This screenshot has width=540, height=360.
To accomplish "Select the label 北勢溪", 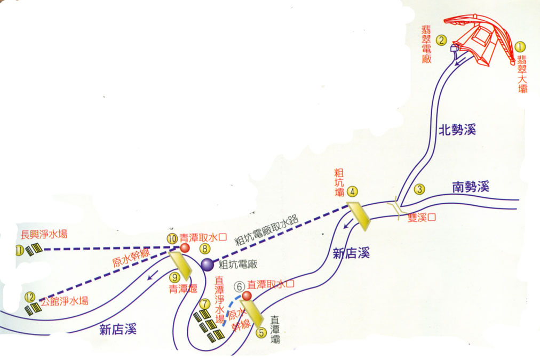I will click(457, 129).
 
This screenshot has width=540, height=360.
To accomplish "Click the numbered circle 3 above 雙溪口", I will click(420, 188).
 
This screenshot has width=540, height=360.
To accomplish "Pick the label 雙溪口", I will click(422, 217).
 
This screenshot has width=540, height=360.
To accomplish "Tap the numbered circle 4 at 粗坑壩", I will click(352, 191).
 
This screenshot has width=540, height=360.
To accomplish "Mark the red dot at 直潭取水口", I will click(247, 295).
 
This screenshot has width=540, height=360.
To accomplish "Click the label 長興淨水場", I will click(44, 234).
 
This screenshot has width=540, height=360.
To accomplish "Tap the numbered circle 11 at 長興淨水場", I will click(20, 250).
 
